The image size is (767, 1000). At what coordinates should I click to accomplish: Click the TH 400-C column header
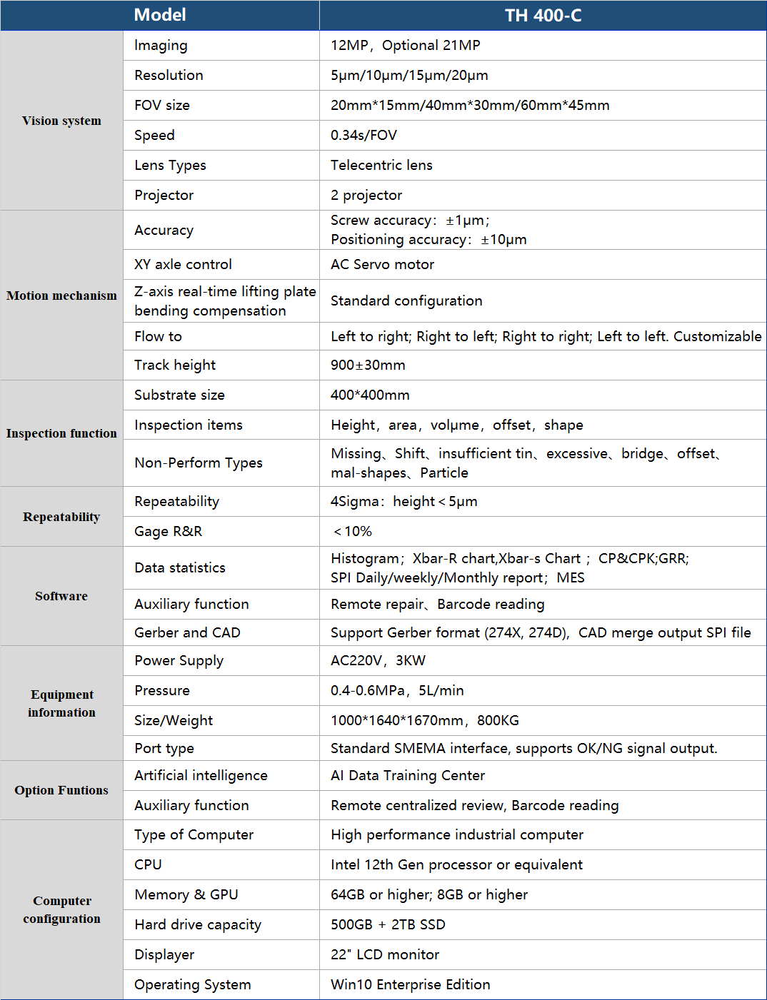(x=543, y=15)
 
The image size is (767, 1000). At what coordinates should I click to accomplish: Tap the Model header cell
(x=160, y=15)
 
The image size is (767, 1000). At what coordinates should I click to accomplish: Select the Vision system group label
(x=61, y=121)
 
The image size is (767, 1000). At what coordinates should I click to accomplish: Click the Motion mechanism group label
(x=61, y=296)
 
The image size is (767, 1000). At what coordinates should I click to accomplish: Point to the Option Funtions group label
(x=61, y=790)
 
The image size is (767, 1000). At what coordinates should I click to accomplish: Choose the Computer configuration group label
(x=61, y=909)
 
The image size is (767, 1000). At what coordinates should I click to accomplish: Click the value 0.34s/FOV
(x=364, y=135)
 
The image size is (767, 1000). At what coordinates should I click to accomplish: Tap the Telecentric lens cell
(x=381, y=165)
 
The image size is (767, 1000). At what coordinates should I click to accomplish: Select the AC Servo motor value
(x=382, y=264)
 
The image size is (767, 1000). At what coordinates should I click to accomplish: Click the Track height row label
(x=175, y=365)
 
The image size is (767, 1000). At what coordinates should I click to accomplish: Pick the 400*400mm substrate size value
(x=370, y=395)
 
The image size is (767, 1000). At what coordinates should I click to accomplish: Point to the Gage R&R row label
(x=169, y=531)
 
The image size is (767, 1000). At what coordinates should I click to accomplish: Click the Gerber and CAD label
(x=187, y=632)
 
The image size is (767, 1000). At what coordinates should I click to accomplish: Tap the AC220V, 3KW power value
(x=378, y=660)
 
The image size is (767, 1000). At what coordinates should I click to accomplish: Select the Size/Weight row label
(x=174, y=720)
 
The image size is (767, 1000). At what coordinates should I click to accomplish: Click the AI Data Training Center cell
(x=408, y=775)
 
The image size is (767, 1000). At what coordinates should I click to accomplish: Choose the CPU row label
(x=148, y=864)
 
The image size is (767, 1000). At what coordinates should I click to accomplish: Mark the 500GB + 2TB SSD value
(x=388, y=924)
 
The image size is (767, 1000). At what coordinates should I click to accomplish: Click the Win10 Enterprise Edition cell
(x=411, y=984)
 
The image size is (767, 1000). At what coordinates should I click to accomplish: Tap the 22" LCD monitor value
(x=385, y=954)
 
